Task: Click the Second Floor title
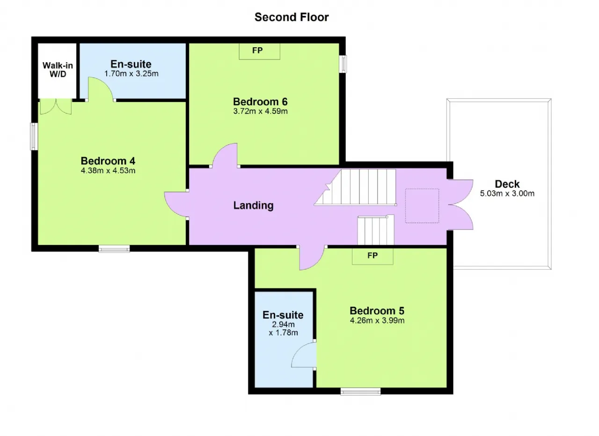click(292, 17)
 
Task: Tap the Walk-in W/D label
click(58, 70)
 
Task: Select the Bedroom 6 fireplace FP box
click(259, 51)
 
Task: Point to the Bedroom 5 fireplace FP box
click(373, 256)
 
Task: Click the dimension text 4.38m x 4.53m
click(108, 170)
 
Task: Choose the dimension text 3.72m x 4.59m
click(260, 111)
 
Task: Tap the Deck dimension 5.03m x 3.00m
click(507, 193)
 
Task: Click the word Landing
click(253, 206)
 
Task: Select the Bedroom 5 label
click(377, 311)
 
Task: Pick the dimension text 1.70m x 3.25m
click(131, 74)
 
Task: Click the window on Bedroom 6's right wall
click(343, 64)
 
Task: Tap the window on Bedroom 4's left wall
click(34, 136)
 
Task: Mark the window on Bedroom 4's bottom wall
click(114, 249)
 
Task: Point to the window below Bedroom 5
click(360, 392)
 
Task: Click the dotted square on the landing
click(422, 206)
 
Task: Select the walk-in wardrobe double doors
click(56, 106)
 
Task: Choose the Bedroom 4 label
click(108, 161)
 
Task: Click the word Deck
click(507, 184)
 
